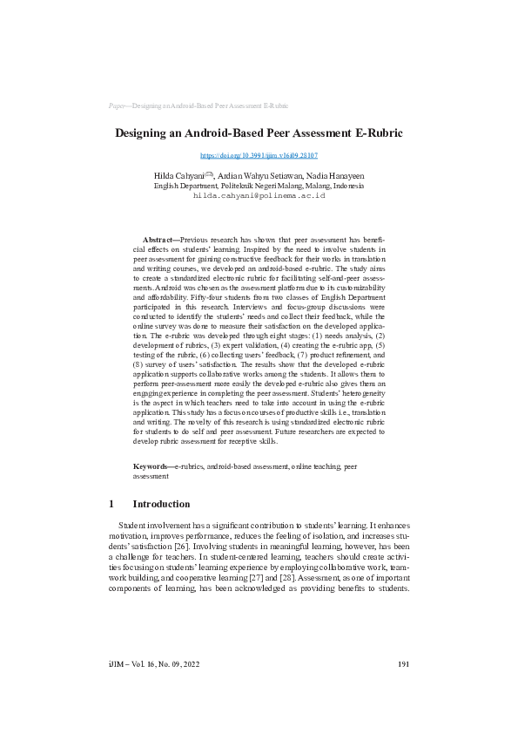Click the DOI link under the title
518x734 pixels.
point(259,155)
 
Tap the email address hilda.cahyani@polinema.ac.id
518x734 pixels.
point(259,196)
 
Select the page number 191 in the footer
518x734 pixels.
point(403,689)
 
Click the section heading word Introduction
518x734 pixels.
point(160,504)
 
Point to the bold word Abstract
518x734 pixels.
point(159,239)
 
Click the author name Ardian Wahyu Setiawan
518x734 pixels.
point(257,176)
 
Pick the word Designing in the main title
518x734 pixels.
point(145,133)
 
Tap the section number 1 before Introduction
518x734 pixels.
point(111,504)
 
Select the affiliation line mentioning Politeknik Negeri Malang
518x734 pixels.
point(259,186)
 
